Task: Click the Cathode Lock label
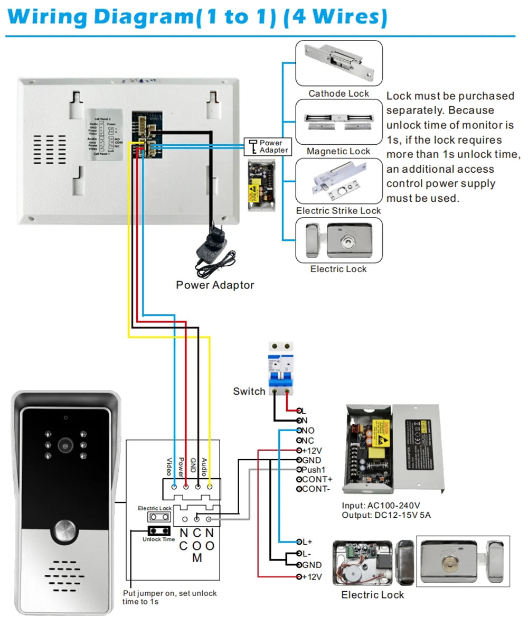click(x=338, y=94)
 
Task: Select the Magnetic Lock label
click(x=338, y=151)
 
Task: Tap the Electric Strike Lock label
click(x=338, y=210)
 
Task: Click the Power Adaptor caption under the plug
click(x=215, y=285)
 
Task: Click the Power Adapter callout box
click(x=268, y=146)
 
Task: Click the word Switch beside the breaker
click(x=249, y=391)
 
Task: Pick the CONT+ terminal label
click(x=317, y=479)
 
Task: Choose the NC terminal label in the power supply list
click(x=308, y=440)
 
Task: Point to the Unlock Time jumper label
click(x=158, y=539)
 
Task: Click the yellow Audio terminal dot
click(x=210, y=486)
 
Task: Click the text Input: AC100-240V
click(x=381, y=506)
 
